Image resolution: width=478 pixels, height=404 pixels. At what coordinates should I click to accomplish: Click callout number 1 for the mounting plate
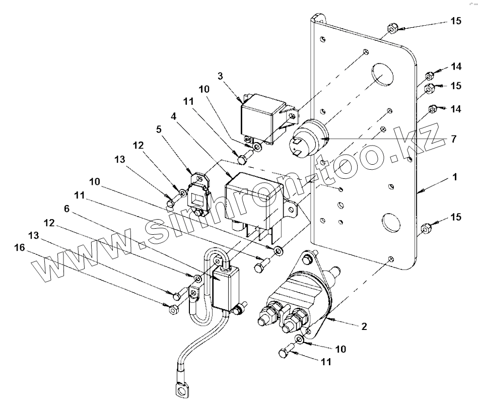pyautogui.click(x=455, y=177)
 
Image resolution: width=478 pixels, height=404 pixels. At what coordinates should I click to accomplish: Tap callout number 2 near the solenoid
pyautogui.click(x=364, y=326)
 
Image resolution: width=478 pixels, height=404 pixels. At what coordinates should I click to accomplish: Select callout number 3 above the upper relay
pyautogui.click(x=221, y=76)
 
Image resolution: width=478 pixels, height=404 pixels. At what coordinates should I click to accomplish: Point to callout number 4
pyautogui.click(x=173, y=116)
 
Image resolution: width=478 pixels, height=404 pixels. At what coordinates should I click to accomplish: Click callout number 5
pyautogui.click(x=159, y=129)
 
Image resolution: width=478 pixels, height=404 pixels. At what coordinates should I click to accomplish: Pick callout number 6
pyautogui.click(x=67, y=209)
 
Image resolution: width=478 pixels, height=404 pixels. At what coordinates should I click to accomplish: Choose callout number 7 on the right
pyautogui.click(x=454, y=139)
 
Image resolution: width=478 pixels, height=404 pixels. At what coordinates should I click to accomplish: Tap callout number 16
pyautogui.click(x=20, y=247)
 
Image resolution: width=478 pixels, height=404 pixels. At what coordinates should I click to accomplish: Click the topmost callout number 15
pyautogui.click(x=456, y=21)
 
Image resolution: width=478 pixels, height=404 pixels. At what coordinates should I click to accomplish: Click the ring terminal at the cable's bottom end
pyautogui.click(x=181, y=390)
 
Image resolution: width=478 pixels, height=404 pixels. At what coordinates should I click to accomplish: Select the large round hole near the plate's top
pyautogui.click(x=382, y=75)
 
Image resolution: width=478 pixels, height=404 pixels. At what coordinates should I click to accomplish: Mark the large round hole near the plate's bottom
pyautogui.click(x=391, y=222)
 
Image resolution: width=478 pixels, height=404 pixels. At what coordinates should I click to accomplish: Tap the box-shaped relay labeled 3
pyautogui.click(x=264, y=118)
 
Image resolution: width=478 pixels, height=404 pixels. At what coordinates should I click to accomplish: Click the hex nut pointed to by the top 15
pyautogui.click(x=392, y=29)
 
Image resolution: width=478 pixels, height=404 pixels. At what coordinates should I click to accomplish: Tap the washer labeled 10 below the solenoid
pyautogui.click(x=299, y=339)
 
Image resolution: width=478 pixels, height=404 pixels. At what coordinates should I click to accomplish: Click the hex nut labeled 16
pyautogui.click(x=173, y=310)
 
